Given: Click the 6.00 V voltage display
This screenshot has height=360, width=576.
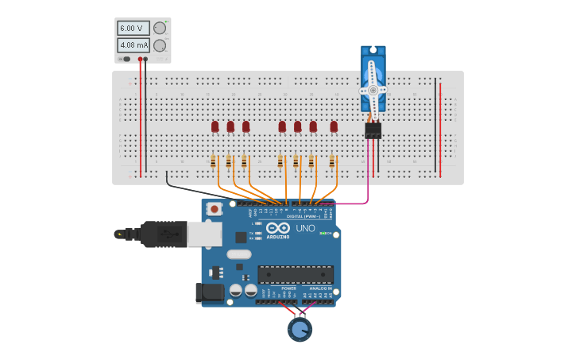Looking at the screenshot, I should (133, 29).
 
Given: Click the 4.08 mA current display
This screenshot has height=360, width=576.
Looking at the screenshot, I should (133, 45).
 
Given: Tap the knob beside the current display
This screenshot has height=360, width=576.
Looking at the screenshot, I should (160, 45).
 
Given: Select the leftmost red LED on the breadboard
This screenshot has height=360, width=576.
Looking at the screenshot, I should (215, 126).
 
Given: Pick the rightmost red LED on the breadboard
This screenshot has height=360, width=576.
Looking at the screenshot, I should (334, 126).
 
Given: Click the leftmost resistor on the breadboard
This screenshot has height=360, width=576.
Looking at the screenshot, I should (213, 161).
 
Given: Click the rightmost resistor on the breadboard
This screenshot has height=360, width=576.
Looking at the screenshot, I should (332, 161).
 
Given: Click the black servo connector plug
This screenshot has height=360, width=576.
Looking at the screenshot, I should (373, 130).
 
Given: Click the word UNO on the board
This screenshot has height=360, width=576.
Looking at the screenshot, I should (306, 228).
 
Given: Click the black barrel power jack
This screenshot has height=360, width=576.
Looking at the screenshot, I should (209, 292).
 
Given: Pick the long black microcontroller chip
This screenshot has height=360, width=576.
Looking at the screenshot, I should (295, 275).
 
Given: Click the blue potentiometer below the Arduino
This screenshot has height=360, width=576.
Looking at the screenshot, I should (300, 329).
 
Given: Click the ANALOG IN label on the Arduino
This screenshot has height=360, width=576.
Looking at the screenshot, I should (319, 288).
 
